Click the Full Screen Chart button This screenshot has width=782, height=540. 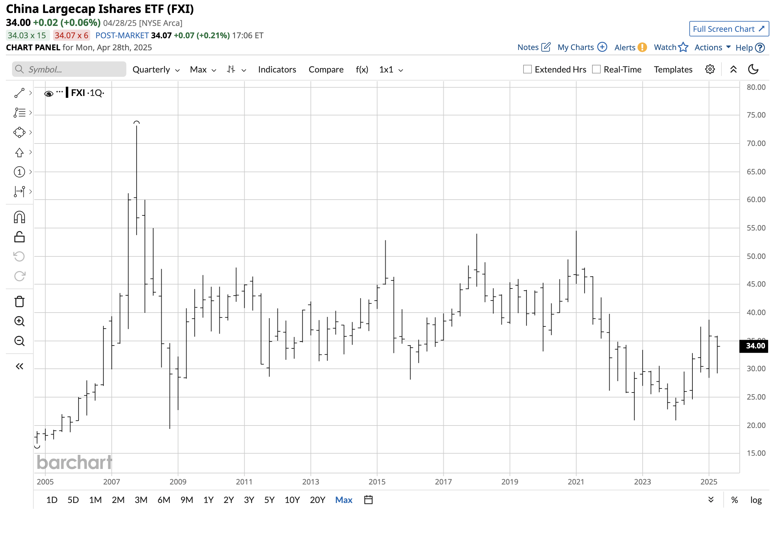coord(729,29)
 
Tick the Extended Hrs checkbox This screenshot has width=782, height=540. coord(527,69)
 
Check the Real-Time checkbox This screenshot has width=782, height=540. coord(596,69)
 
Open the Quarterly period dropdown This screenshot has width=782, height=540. coord(156,70)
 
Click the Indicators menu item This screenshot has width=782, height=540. coord(277,70)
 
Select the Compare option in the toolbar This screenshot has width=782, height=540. coord(326,70)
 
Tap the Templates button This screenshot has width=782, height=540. coord(673,70)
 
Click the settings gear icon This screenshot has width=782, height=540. coord(709,69)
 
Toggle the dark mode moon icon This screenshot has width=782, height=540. coord(753,69)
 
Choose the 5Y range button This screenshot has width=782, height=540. coord(269,500)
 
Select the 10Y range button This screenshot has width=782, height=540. coord(292,500)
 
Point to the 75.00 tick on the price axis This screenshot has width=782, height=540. coord(755,115)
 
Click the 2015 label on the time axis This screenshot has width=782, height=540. coord(376,481)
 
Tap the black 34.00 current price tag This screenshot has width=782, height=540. coord(755,346)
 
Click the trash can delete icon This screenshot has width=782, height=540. coord(19,301)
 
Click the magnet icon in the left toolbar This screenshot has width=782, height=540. coord(19,217)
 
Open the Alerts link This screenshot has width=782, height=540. coord(630,48)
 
